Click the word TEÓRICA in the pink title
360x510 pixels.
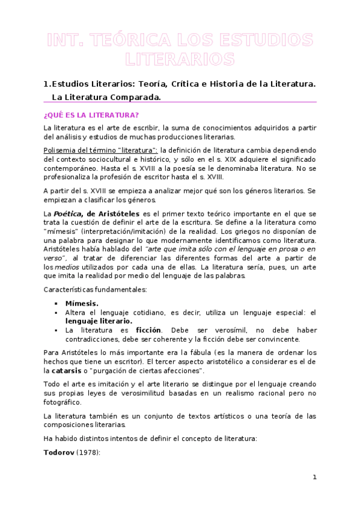(124, 41)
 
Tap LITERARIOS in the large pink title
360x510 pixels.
(180, 60)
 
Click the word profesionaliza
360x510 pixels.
(72, 178)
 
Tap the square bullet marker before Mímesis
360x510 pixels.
(56, 304)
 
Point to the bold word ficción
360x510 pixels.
(152, 330)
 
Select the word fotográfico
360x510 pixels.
(66, 403)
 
